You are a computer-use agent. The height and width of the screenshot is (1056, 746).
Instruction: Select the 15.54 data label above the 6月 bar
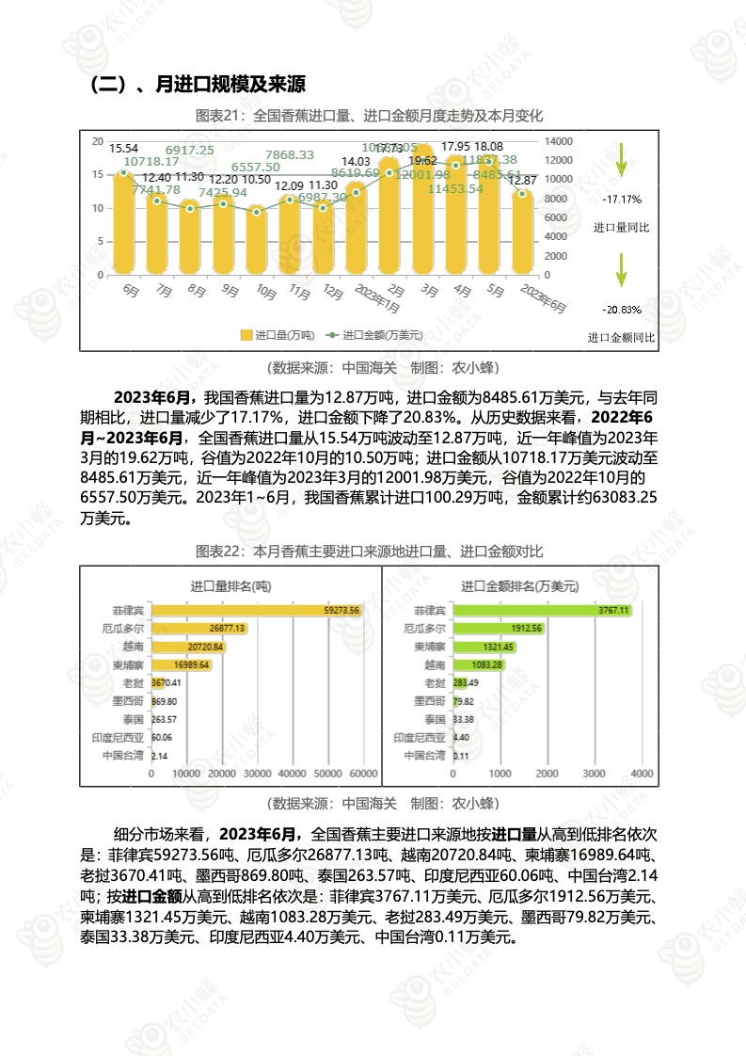pos(124,149)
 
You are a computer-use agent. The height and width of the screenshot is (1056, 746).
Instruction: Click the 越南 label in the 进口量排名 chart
pos(133,647)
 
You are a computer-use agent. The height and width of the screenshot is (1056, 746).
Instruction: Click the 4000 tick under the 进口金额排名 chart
pos(641,773)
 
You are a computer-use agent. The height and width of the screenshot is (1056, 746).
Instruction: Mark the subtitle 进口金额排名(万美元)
pos(519,585)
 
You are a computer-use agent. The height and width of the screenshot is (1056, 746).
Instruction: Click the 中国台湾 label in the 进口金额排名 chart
pos(423,755)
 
